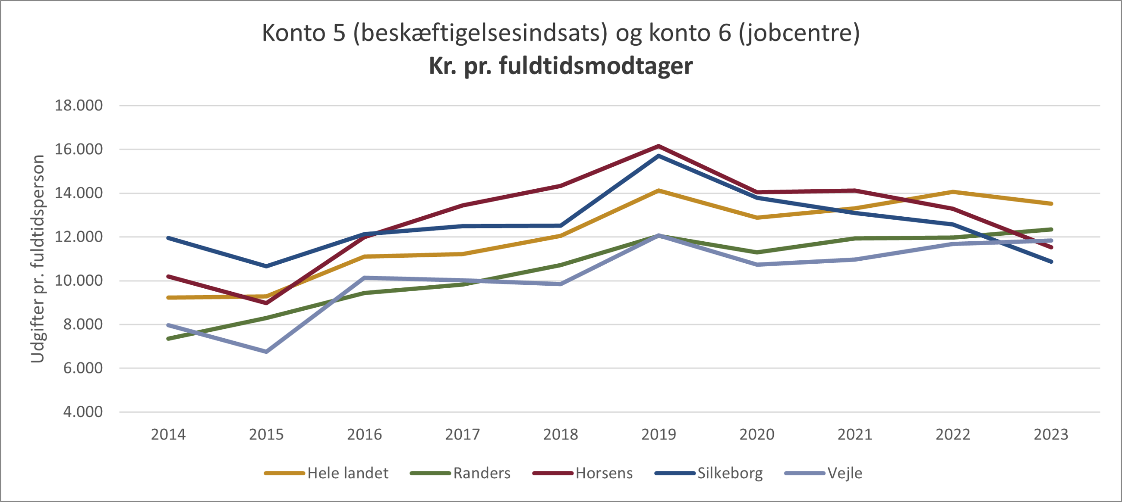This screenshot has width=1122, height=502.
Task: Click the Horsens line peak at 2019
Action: coord(659,146)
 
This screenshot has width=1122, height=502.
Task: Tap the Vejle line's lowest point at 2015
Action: coord(266,352)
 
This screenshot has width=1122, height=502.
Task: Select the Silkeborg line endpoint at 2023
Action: coord(1051,262)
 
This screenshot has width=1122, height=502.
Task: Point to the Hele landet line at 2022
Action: coord(953,192)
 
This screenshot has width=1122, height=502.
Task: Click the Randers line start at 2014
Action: coord(169,338)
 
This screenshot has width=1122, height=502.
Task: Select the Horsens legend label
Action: coord(604,473)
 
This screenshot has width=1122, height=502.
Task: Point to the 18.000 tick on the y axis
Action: coord(79,106)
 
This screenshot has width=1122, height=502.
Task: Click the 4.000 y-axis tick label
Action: coord(83,412)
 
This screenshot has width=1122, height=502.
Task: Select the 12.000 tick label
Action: coord(79,237)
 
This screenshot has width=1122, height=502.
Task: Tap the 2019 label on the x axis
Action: coord(659,434)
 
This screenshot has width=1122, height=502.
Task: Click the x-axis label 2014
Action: coord(168,434)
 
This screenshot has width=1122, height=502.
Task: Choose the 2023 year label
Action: coord(1051,434)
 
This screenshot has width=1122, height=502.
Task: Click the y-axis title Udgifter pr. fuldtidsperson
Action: coord(38,259)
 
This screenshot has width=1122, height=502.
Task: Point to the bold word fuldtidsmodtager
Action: coord(596,66)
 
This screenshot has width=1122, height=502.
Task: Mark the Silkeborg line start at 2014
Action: coord(169,238)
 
